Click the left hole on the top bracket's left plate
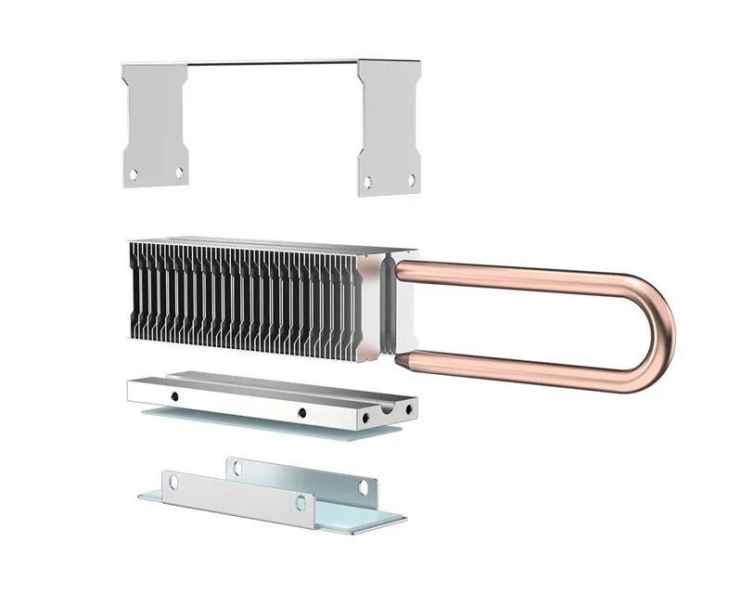[x=134, y=173]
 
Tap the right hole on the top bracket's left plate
[x=179, y=173]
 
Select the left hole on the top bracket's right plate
[x=368, y=182]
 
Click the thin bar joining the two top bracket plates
[x=274, y=63]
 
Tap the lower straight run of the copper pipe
[x=519, y=368]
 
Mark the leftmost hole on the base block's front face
[x=173, y=396]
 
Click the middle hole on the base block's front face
[x=301, y=413]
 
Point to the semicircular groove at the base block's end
[x=381, y=408]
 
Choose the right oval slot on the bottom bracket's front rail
[x=300, y=503]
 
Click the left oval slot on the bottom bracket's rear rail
[x=237, y=467]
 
